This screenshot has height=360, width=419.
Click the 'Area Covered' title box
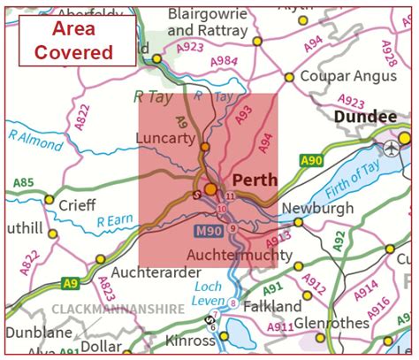point(80,41)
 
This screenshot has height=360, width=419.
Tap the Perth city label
point(254,180)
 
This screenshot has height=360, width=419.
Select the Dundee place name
point(365,117)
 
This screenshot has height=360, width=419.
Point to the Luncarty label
point(165,138)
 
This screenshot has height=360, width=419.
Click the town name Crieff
point(79,203)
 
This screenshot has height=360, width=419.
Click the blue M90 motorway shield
point(206,230)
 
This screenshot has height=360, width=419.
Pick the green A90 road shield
point(311,160)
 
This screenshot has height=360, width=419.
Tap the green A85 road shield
point(23,184)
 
